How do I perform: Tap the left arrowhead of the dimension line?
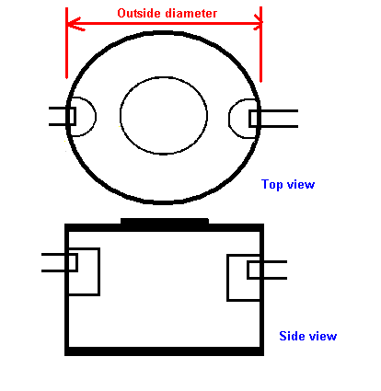pyautogui.click(x=75, y=24)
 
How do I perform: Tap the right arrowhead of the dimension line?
pyautogui.click(x=257, y=23)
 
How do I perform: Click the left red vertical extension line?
pyautogui.click(x=66, y=43)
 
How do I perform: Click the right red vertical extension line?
pyautogui.click(x=260, y=44)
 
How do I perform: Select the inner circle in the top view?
pyautogui.click(x=120, y=115)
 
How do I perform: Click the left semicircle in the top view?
pyautogui.click(x=96, y=117)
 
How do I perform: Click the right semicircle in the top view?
pyautogui.click(x=229, y=119)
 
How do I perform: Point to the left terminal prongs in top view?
pyautogui.click(x=63, y=116)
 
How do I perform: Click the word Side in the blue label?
pyautogui.click(x=291, y=336)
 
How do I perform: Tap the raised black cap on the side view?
pyautogui.click(x=165, y=222)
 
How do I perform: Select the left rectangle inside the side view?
pyautogui.click(x=98, y=271)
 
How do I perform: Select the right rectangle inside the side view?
pyautogui.click(x=227, y=278)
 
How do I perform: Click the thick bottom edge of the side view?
pyautogui.click(x=164, y=351)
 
